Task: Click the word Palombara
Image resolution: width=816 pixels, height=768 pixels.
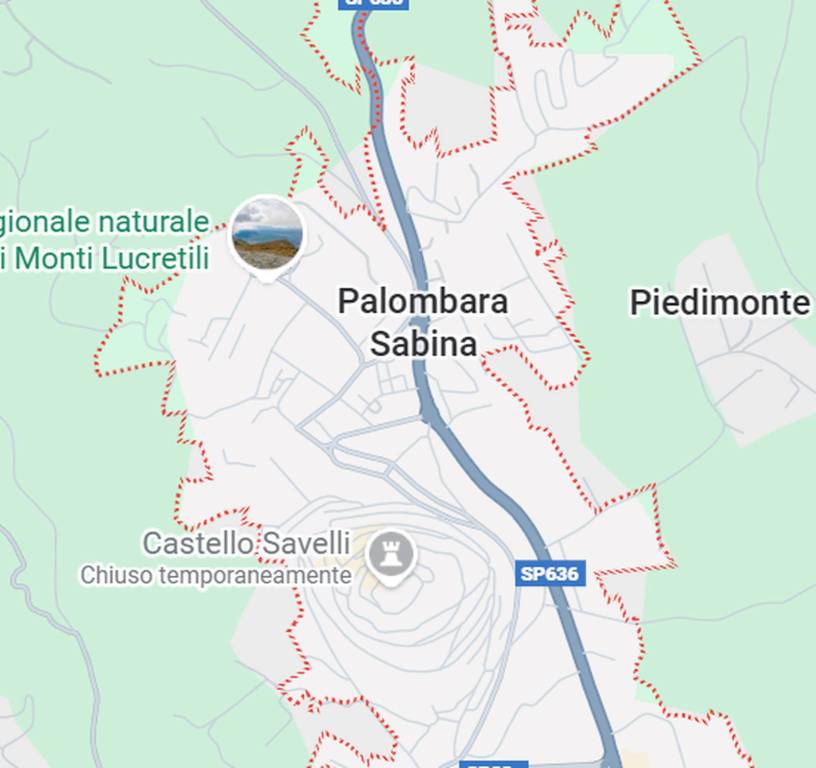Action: [x=423, y=301]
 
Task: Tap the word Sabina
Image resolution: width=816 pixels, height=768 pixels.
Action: [x=423, y=343]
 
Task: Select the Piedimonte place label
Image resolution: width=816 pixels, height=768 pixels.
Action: [x=719, y=302]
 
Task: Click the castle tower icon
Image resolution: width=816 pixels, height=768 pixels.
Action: [x=390, y=553]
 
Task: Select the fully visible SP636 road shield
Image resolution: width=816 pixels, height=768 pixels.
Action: [x=550, y=574]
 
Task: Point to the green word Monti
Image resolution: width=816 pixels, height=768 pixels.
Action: [x=58, y=258]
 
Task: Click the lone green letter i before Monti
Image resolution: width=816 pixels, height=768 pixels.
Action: [x=4, y=258]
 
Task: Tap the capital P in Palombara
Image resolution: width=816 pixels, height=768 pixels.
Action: [x=347, y=301]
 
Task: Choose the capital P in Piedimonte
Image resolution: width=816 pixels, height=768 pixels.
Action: [x=639, y=302]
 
